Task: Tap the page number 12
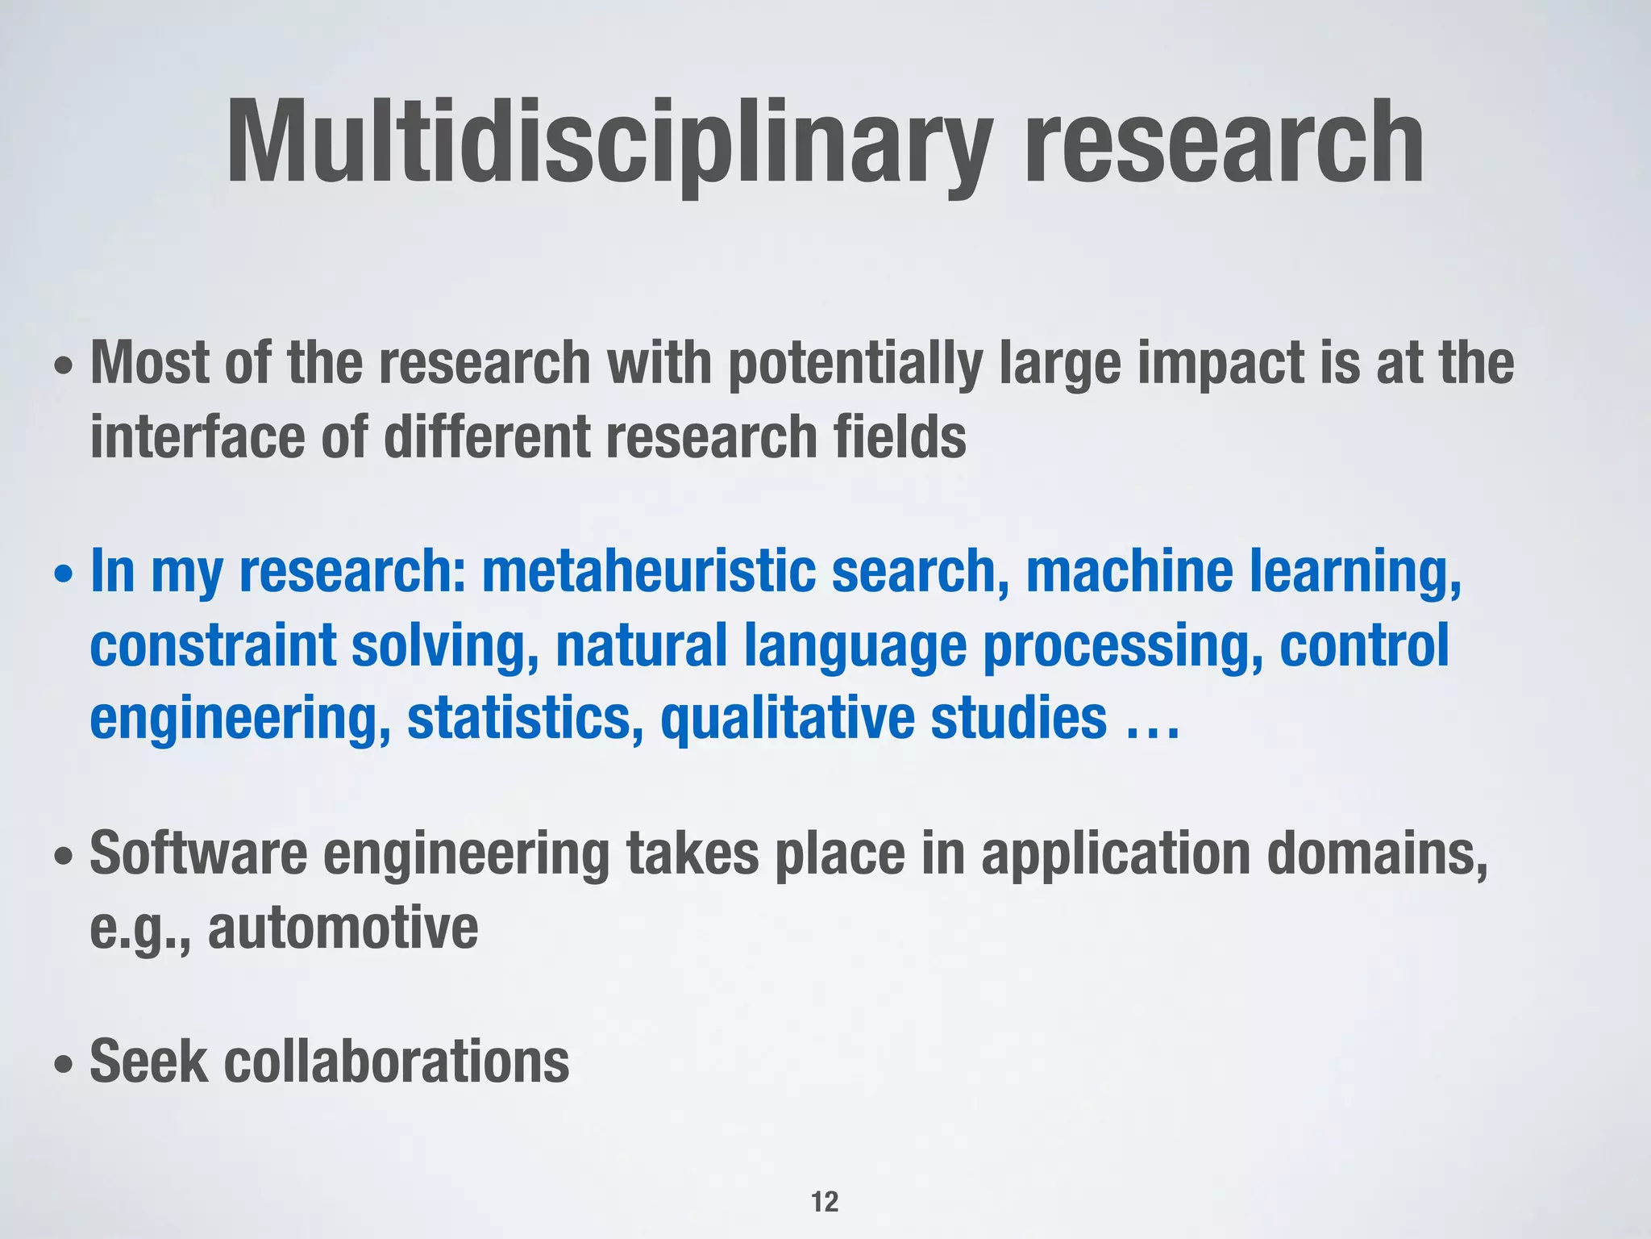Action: coord(825,1202)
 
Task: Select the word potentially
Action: coord(855,365)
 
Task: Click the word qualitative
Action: coord(787,718)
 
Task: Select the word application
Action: coord(1115,855)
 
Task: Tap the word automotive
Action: coord(343,928)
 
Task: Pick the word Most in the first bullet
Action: coord(150,364)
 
